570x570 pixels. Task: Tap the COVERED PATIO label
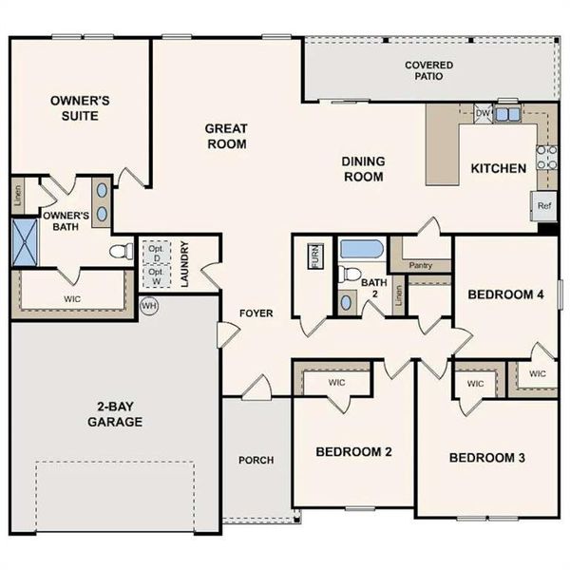(x=428, y=71)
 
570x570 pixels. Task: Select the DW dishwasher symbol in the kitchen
(x=482, y=113)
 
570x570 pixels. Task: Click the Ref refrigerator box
(x=544, y=205)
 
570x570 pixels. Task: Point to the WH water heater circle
(x=148, y=306)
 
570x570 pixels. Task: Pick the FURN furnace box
(x=315, y=257)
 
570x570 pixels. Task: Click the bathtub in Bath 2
(x=361, y=250)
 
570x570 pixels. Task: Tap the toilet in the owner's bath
(x=122, y=252)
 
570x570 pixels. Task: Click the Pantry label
(x=420, y=266)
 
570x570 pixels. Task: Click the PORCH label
(x=255, y=460)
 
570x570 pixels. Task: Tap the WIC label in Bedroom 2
(x=335, y=383)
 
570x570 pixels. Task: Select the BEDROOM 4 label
(x=505, y=294)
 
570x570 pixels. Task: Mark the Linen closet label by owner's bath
(x=18, y=195)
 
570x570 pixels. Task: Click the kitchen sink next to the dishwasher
(x=508, y=114)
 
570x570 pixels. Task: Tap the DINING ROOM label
(x=363, y=169)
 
